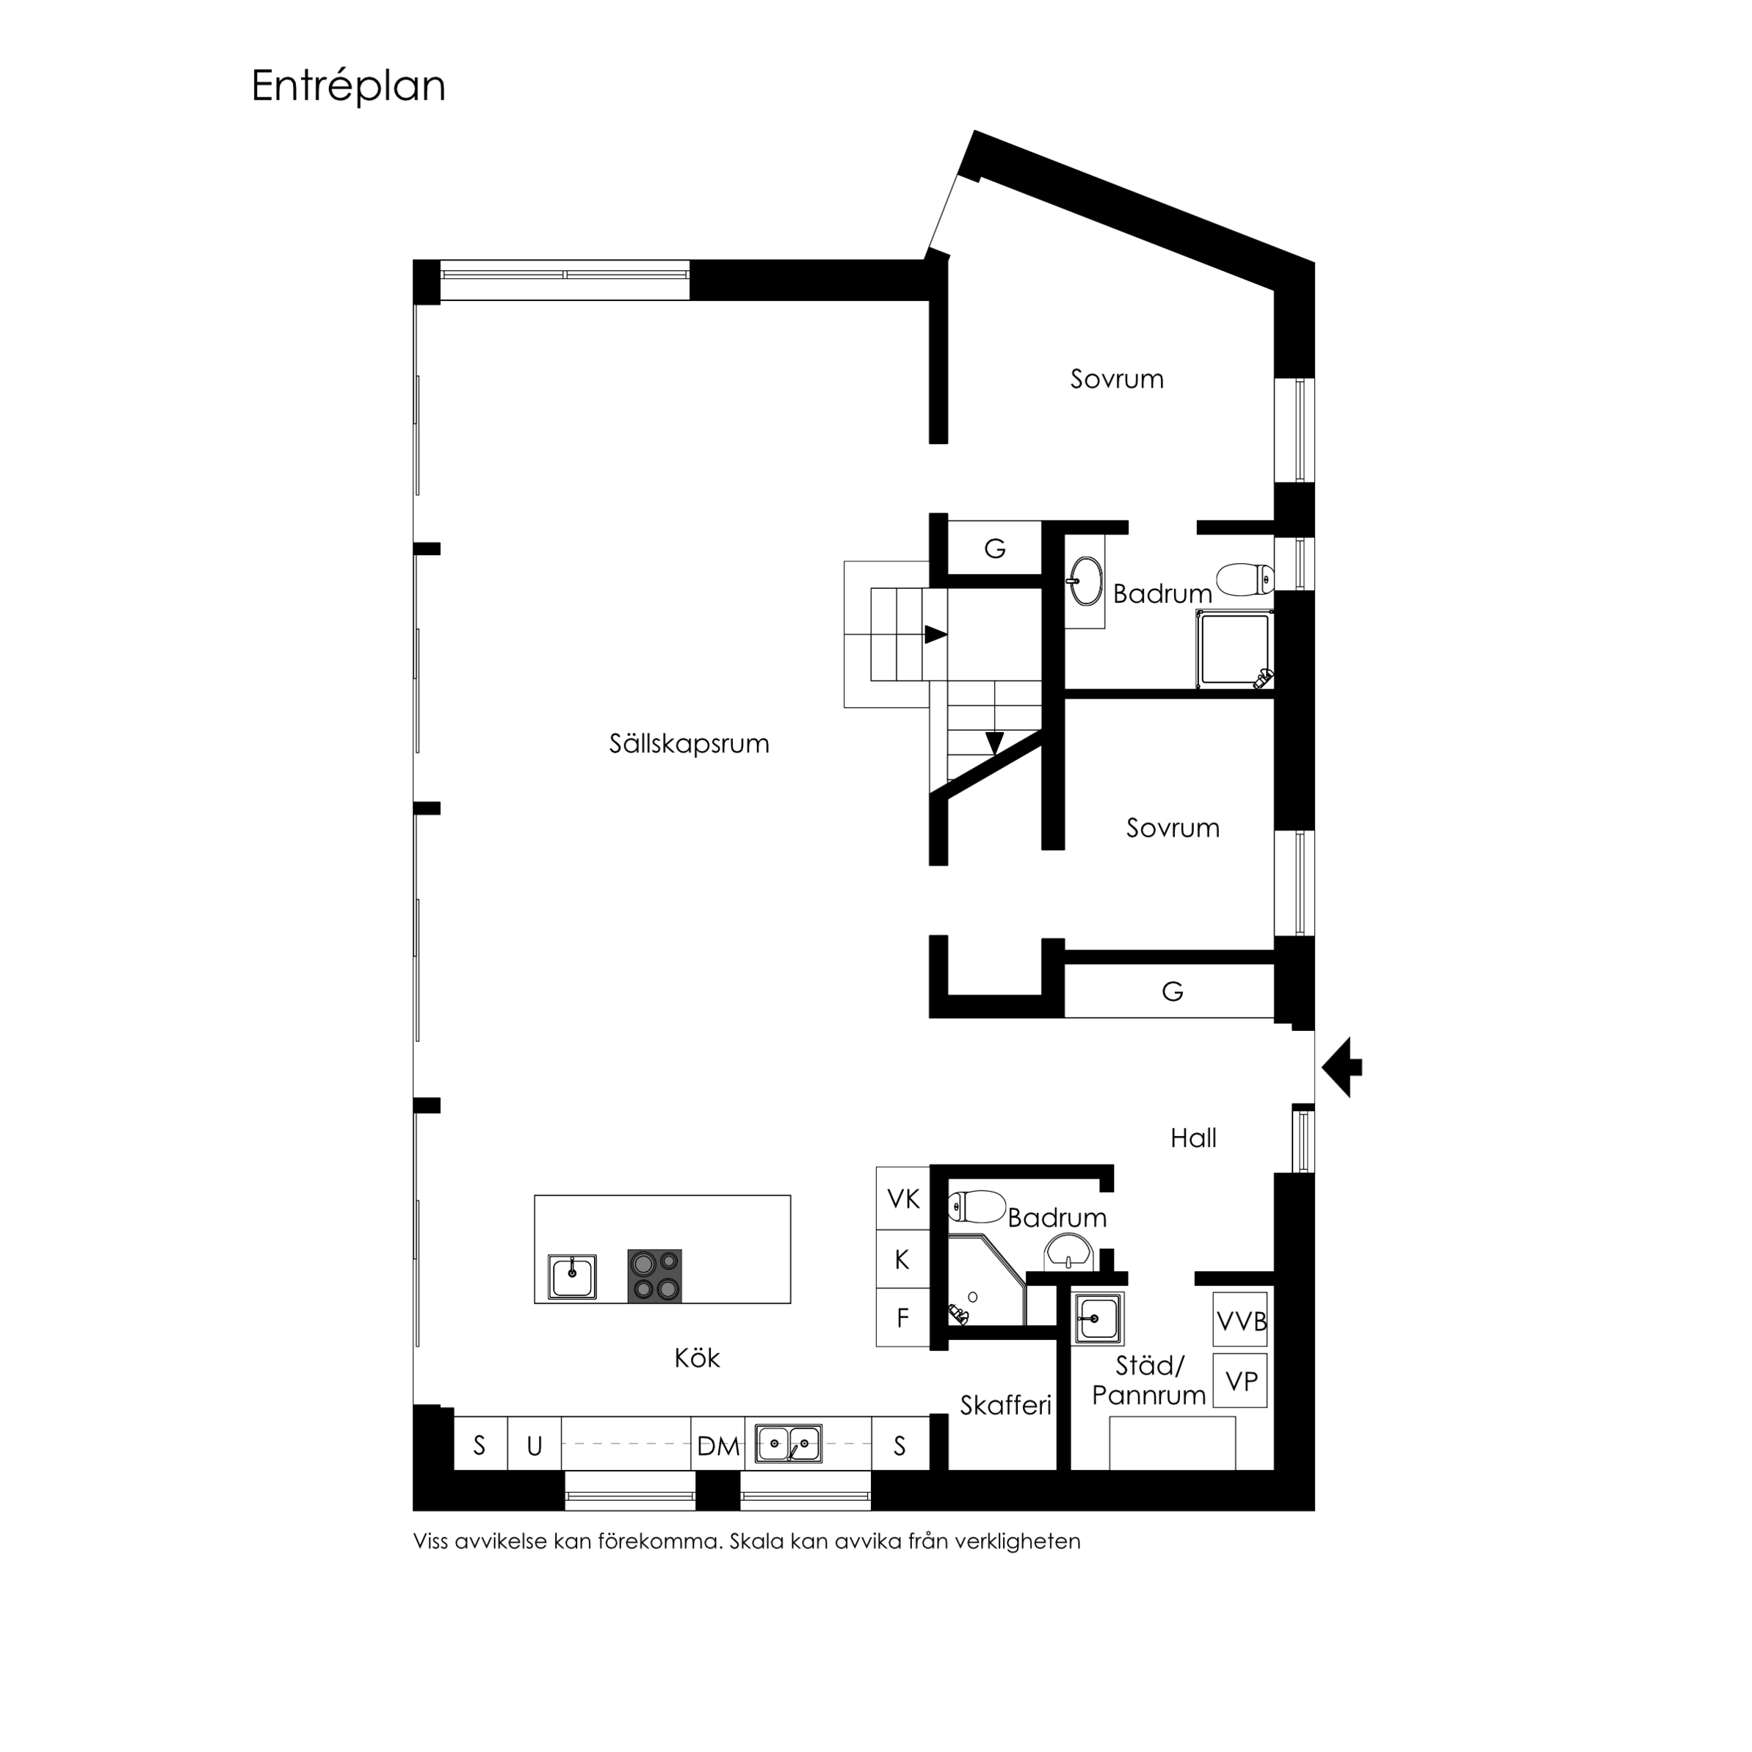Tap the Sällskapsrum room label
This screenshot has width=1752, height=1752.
689,744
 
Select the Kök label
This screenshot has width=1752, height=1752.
696,1358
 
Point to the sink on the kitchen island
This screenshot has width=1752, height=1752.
572,1277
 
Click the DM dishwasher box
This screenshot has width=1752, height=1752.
718,1446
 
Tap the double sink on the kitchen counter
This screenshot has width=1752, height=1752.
789,1444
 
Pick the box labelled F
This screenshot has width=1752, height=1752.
903,1317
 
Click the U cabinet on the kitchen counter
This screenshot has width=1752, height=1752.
534,1446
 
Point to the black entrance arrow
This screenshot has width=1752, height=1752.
1342,1068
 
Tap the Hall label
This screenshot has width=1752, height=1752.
1193,1138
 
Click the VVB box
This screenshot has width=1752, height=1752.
1240,1320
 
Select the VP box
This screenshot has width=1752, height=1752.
1240,1380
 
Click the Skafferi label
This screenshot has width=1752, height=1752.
1006,1405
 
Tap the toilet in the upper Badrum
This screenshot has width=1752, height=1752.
1246,579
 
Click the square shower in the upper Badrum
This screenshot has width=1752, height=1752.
1235,649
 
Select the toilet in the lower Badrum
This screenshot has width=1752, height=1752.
977,1207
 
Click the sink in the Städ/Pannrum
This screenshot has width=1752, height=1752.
1098,1317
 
